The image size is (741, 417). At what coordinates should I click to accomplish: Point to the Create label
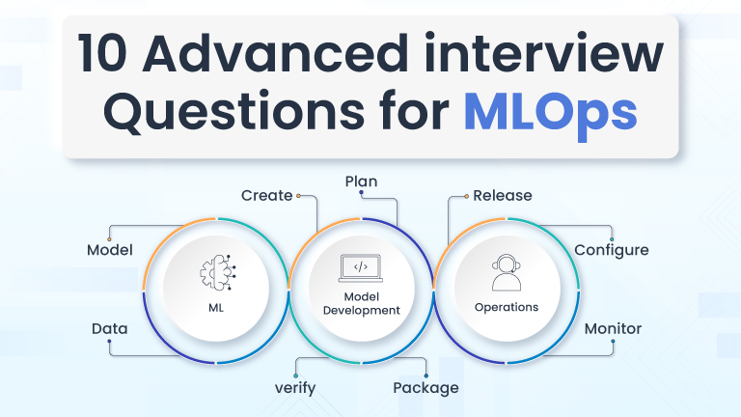(266, 195)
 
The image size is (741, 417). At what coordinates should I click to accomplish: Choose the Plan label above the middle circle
(361, 181)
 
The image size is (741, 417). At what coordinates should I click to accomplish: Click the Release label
(502, 195)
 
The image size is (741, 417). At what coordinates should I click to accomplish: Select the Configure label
(611, 250)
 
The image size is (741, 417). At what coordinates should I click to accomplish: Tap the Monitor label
(613, 329)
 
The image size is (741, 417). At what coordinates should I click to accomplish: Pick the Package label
(425, 388)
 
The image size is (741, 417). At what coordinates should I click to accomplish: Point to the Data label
(110, 329)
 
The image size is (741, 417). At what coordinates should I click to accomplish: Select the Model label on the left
(109, 250)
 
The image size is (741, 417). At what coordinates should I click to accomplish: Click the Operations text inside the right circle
(506, 308)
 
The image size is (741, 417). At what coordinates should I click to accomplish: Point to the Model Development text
(361, 303)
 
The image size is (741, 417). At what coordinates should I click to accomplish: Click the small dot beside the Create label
(299, 195)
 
